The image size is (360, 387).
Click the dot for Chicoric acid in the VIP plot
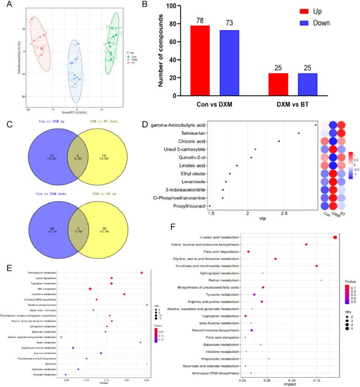[x=279, y=141]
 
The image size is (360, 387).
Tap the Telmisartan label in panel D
[x=191, y=133]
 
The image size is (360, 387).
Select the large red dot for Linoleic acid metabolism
[x=335, y=237]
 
